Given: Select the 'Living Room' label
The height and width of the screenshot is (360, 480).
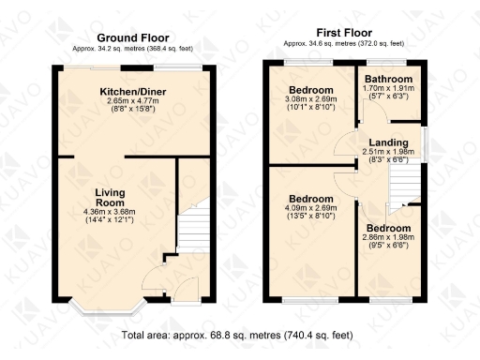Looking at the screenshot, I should click(x=110, y=198).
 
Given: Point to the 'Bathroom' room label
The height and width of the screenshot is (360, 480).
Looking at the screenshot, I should click(x=387, y=79).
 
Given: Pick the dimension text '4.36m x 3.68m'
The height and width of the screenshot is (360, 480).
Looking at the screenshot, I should click(x=110, y=212).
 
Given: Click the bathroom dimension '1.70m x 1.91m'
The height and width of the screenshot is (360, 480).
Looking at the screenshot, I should click(x=387, y=89).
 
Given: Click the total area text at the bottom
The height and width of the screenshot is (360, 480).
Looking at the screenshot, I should click(x=240, y=335).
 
